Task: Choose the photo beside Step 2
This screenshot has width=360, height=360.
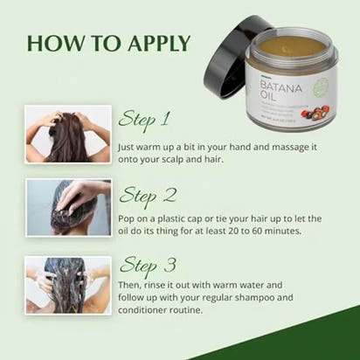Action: pyautogui.click(x=68, y=207)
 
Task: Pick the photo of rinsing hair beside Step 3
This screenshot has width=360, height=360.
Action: pyautogui.click(x=68, y=283)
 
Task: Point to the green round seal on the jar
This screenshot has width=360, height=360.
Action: pyautogui.click(x=321, y=87)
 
